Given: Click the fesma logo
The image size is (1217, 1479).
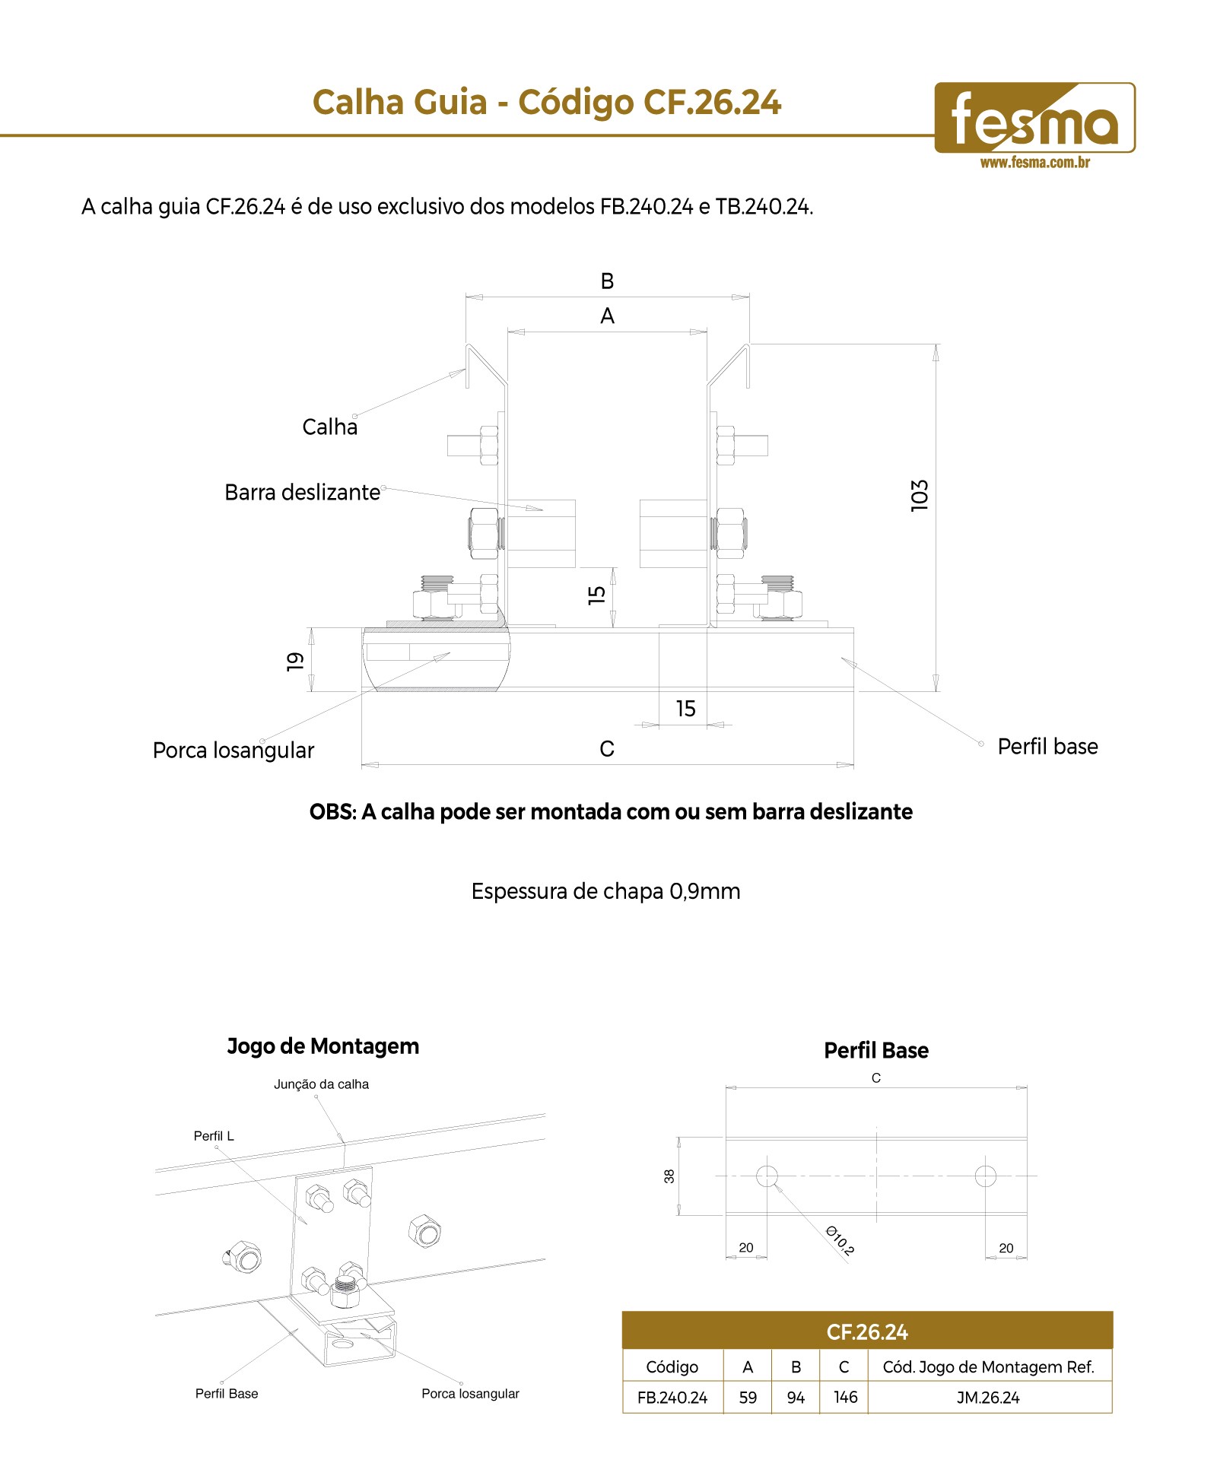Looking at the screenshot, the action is click(1034, 118).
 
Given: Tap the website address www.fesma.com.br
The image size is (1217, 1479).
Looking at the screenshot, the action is click(1034, 162).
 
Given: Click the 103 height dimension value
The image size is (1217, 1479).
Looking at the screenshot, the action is click(920, 496).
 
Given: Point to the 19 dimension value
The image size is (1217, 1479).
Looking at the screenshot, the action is click(295, 661).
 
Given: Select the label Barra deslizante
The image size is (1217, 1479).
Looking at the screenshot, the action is click(302, 492).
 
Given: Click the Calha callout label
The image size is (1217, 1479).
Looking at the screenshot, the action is click(329, 427).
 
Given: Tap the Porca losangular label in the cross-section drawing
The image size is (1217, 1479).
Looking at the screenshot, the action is click(234, 751).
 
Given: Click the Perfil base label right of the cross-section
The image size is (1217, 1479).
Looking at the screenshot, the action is click(1047, 747).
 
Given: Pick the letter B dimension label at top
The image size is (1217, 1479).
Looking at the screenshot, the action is click(607, 281).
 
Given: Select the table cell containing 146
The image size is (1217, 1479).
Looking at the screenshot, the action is click(844, 1397).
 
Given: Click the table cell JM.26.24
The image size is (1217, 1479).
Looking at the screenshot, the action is click(990, 1397).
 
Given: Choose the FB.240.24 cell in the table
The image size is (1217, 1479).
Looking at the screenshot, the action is click(672, 1397).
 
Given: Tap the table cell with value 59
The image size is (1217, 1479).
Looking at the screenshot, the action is click(748, 1397).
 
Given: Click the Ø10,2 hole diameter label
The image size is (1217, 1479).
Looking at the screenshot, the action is click(840, 1239).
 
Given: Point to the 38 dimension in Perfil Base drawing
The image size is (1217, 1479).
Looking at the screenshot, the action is click(669, 1176).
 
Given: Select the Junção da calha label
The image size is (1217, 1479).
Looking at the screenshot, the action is click(321, 1084).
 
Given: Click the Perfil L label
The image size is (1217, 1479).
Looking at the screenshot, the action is click(214, 1136).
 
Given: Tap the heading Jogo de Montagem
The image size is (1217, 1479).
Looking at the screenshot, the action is click(323, 1046).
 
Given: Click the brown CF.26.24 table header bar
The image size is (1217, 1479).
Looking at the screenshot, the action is click(867, 1331).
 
